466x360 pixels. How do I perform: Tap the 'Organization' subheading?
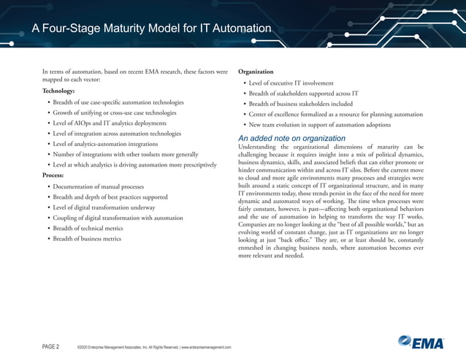(256, 72)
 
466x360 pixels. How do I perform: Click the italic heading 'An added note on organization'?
(292, 138)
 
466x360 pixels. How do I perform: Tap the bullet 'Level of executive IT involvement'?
(291, 83)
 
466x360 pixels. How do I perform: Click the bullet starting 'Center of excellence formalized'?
(335, 115)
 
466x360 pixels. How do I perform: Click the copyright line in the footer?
(153, 347)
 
